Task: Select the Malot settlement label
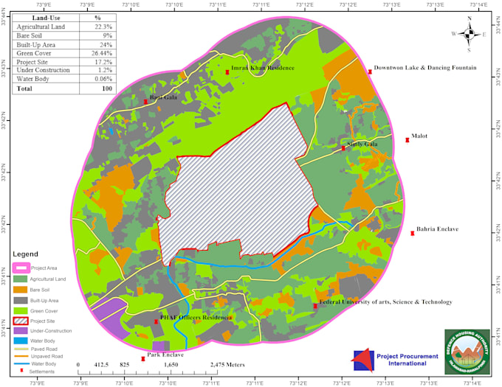(419, 136)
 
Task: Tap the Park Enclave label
(165, 355)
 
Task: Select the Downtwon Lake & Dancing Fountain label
(424, 68)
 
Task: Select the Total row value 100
(107, 88)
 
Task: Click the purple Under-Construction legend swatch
(20, 331)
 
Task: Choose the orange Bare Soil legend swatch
(20, 290)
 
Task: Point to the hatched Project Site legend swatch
(20, 321)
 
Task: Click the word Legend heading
(30, 254)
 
